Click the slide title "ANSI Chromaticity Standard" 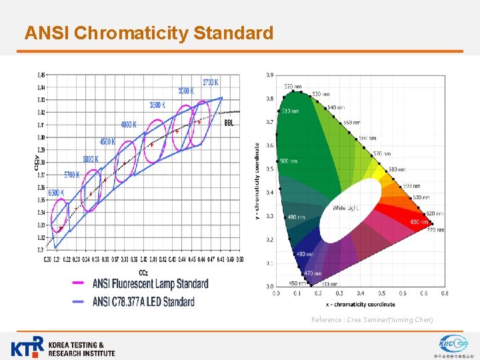pos(149,33)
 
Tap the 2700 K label pos(210,82)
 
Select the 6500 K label pos(57,193)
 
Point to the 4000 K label pos(129,125)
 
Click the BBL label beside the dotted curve pos(229,123)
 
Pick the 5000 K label pos(90,159)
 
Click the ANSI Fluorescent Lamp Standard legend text pos(150,284)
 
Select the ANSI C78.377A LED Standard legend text pos(143,301)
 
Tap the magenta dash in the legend pos(78,283)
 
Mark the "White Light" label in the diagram pos(346,208)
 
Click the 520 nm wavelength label pos(293,87)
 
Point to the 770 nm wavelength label pos(435,229)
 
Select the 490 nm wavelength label pos(296,217)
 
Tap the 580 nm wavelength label pos(397,169)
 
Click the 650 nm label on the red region pos(419,221)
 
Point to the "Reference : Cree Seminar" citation pos(371,320)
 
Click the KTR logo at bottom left pos(63,347)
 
